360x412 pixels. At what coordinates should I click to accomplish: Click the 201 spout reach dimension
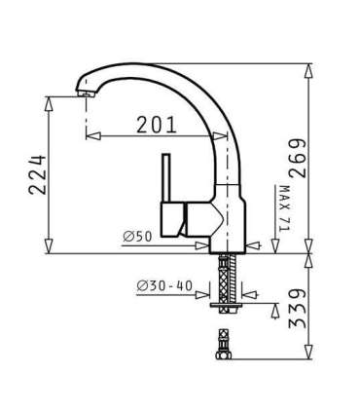tap(156, 124)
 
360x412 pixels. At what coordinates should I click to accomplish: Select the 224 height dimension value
tap(38, 174)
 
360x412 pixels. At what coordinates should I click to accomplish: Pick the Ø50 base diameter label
tap(138, 236)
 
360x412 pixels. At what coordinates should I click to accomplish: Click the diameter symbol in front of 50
tap(127, 236)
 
